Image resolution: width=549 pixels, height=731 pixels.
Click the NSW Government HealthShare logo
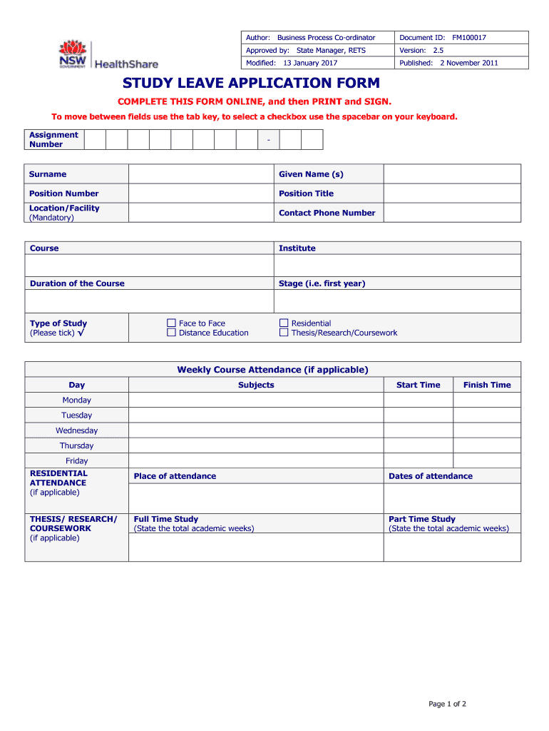108,55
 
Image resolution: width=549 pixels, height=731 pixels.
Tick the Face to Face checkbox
171,323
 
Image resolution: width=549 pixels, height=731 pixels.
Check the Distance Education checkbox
171,333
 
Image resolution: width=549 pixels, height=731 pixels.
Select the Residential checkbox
284,323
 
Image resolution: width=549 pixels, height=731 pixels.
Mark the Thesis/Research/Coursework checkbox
284,333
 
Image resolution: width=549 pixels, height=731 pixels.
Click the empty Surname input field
201,174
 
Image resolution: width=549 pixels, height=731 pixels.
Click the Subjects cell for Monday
256,400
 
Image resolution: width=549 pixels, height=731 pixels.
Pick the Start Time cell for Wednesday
418,430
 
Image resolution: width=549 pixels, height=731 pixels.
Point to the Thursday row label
76,445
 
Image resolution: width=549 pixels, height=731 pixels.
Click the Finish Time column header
487,385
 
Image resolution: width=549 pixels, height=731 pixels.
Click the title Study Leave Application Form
251,84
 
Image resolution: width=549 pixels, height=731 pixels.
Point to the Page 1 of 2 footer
447,704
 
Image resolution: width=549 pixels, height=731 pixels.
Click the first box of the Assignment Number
95,140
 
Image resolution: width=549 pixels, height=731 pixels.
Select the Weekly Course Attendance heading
272,370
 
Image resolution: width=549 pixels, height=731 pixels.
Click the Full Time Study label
166,519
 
